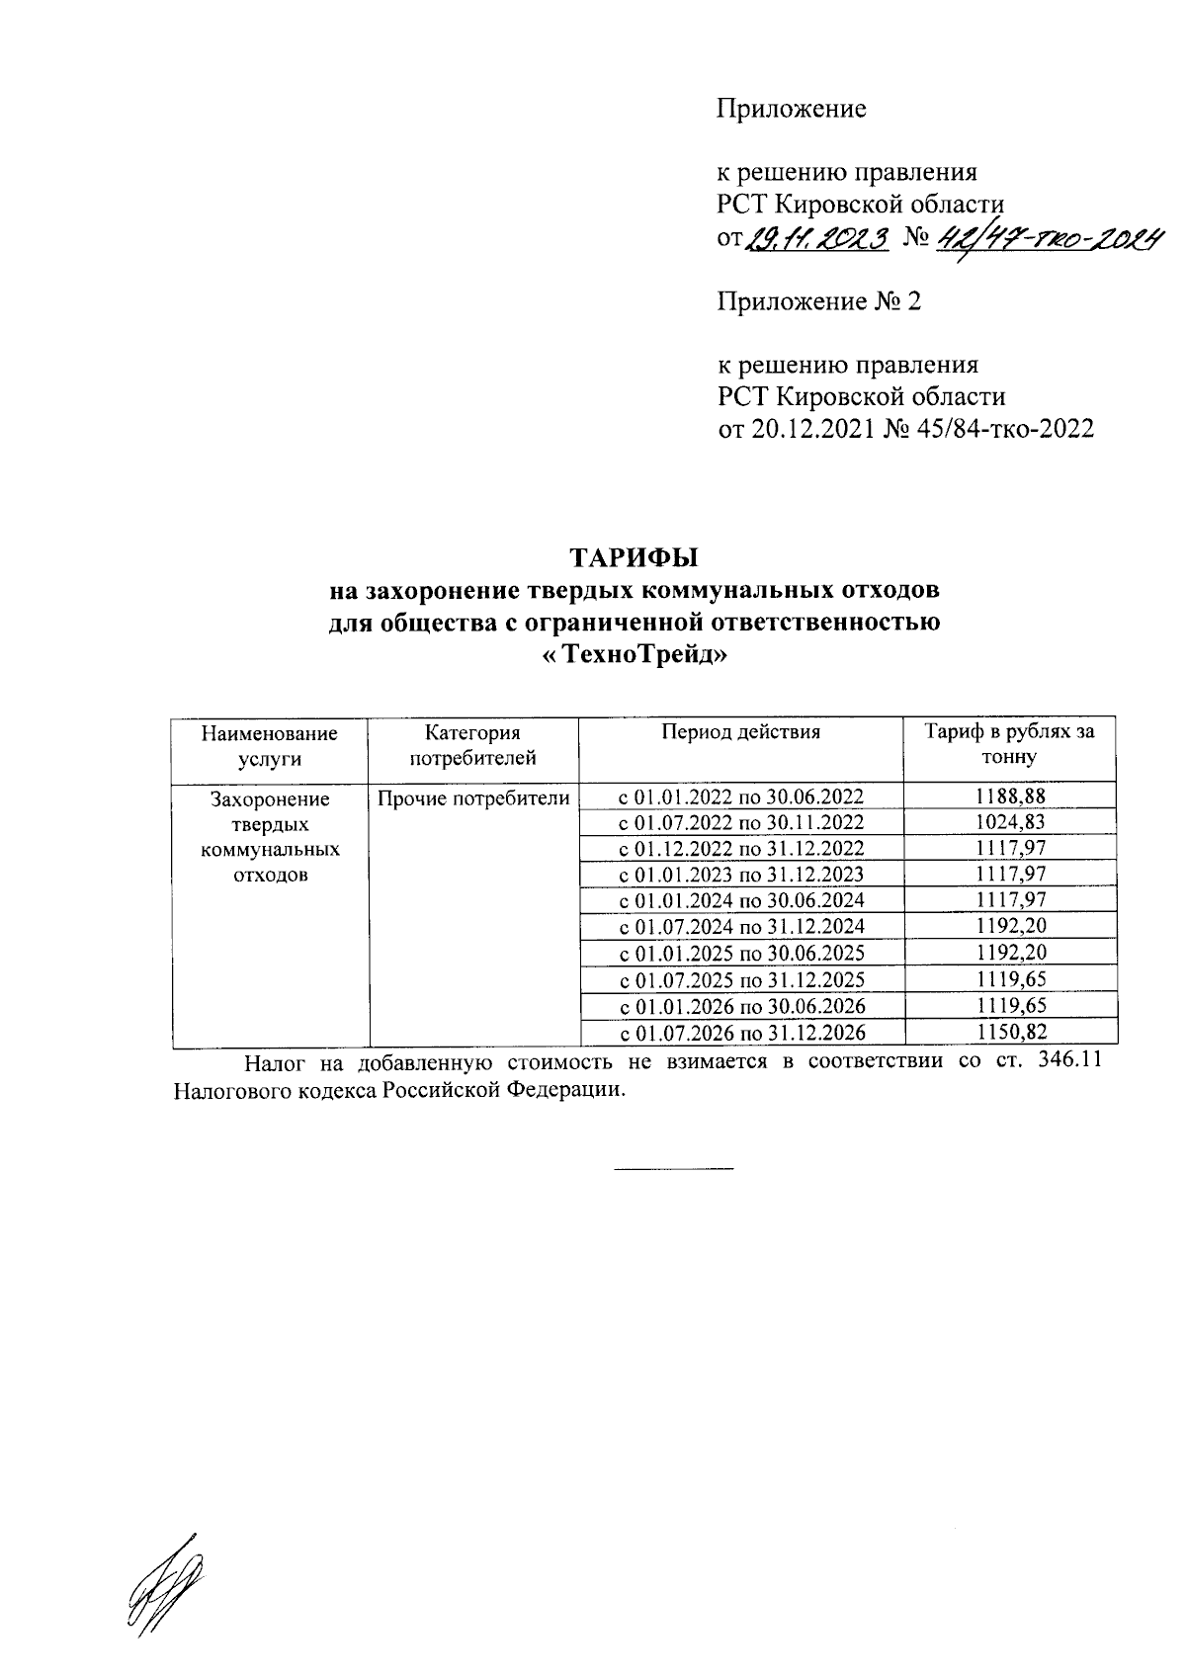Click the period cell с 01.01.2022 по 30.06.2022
[x=740, y=797]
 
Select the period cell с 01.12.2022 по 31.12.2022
[x=740, y=849]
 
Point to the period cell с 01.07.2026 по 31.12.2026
[x=740, y=1033]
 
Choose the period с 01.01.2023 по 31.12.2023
[x=740, y=875]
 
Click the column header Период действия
[x=740, y=732]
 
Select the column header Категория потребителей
[x=472, y=745]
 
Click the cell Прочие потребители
[x=472, y=797]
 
